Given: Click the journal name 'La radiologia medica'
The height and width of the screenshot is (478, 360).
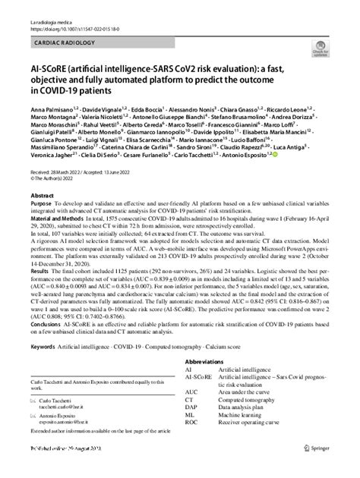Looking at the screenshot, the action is (x=51, y=6).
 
